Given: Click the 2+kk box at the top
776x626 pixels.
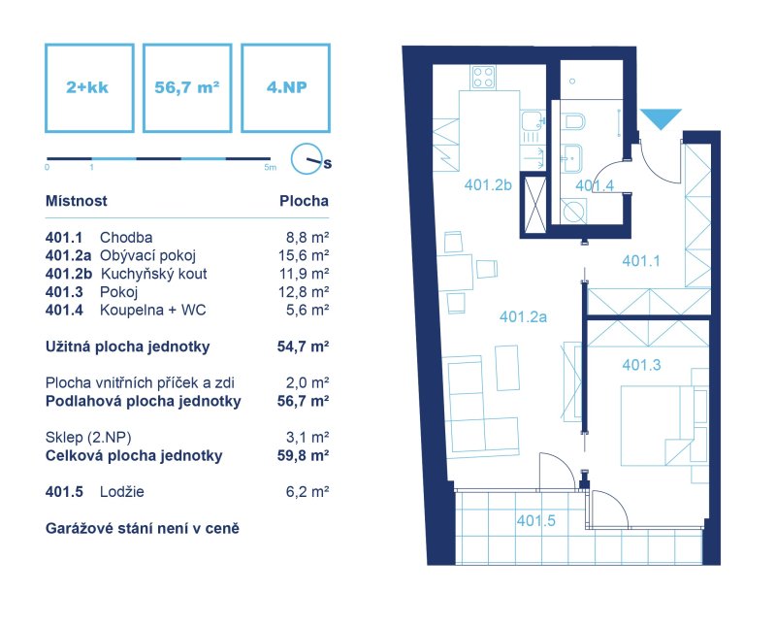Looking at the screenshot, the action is (89, 88).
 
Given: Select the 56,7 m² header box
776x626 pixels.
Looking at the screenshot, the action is (187, 88).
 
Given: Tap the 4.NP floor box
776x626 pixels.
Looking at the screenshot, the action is (285, 88).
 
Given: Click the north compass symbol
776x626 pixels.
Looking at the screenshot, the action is (307, 159).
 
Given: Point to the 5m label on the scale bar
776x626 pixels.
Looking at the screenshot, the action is (271, 167).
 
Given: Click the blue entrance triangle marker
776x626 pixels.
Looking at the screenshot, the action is (662, 118).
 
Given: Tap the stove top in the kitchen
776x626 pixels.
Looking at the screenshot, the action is (483, 78).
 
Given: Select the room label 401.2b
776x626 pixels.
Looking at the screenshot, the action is (488, 185).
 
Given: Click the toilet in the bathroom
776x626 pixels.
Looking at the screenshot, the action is (574, 121).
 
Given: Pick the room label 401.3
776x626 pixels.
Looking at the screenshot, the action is (641, 365).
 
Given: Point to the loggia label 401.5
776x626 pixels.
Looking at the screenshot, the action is (536, 520).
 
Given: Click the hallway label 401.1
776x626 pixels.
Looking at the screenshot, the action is (641, 261).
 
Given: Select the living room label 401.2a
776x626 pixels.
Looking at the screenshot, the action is (523, 316).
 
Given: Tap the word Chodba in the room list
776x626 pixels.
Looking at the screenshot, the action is (126, 237).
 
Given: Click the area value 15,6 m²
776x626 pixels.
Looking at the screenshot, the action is (304, 255).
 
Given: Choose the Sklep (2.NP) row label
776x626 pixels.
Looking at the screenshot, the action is (88, 438).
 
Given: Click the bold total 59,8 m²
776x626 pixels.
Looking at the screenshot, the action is (304, 455).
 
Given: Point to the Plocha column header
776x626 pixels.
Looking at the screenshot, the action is (304, 201).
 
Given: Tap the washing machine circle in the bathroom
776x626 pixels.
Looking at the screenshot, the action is (573, 212).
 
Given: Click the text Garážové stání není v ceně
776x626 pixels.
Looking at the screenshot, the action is (143, 528).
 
